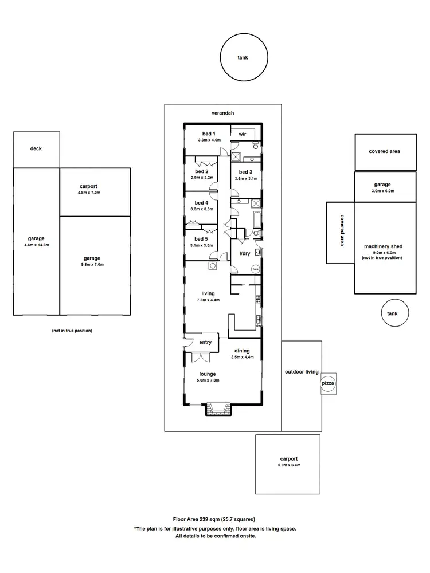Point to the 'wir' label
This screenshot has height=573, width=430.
(x=242, y=134)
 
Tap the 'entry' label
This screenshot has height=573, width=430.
(x=205, y=342)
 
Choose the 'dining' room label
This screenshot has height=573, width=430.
(x=241, y=351)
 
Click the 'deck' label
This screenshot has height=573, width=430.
(x=36, y=148)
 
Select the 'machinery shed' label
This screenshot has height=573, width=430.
(x=383, y=246)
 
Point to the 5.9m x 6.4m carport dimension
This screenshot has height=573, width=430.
(x=289, y=465)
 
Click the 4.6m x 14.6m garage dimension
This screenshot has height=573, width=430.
(x=36, y=245)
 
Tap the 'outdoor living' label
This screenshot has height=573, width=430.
(x=302, y=372)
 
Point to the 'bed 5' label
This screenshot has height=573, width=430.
(x=201, y=238)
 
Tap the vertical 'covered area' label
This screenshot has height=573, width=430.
(x=341, y=230)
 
